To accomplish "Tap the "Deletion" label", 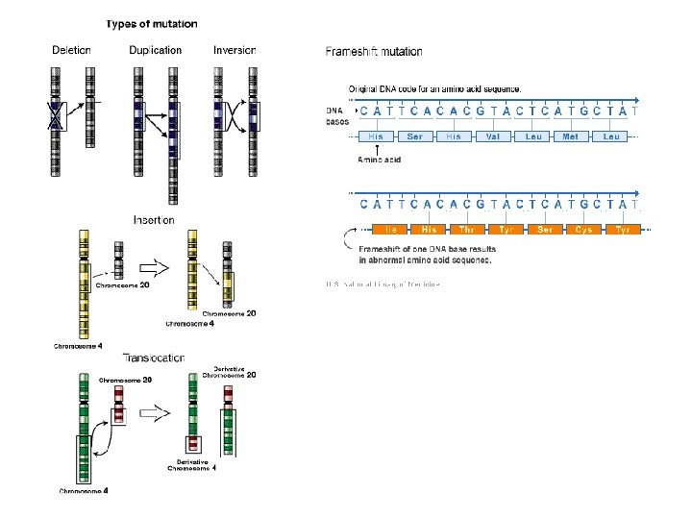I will coord(72,50).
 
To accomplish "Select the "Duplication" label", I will coord(155,50).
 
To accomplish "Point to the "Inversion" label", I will coord(235,50).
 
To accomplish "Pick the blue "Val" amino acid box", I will coord(492,136).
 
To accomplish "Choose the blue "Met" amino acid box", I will coord(571,136).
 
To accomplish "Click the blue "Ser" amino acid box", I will coord(414,136).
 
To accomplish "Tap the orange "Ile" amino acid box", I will coord(391,230).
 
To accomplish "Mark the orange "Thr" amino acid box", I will coord(468,230).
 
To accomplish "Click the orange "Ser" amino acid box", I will coord(545,230).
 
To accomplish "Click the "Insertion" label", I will coord(154,220).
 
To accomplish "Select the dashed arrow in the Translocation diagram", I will coord(155,411).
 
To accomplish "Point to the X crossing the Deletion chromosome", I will coord(57,117).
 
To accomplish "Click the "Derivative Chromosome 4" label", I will coord(192,465).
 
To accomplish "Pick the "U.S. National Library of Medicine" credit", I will coord(382,284).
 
